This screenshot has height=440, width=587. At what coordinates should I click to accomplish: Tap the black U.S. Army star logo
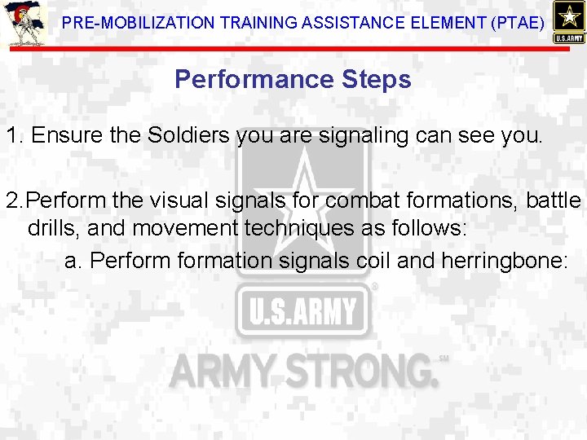[568, 22]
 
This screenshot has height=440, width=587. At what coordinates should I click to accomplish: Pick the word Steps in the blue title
[377, 80]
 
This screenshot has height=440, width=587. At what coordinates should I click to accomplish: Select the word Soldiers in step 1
[189, 135]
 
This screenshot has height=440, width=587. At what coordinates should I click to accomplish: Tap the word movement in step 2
[184, 228]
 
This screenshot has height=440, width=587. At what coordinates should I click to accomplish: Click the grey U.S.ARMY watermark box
[302, 310]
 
